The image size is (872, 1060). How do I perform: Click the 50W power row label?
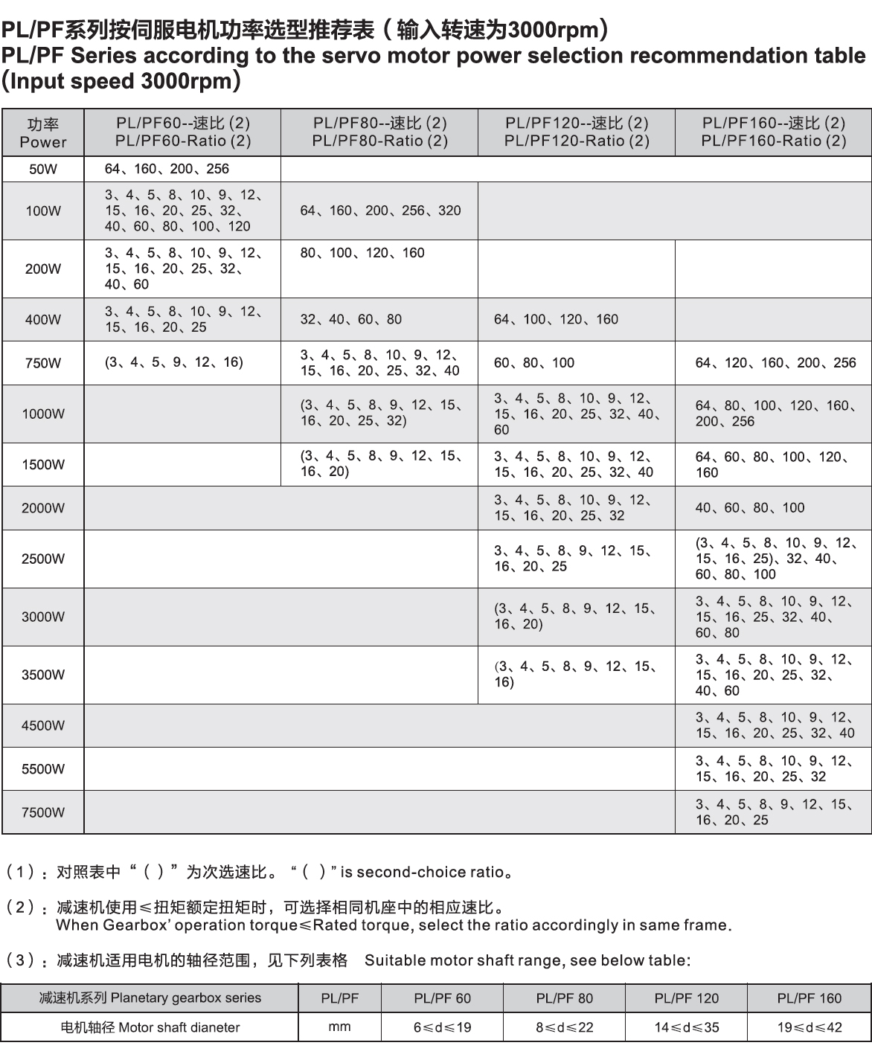point(43,170)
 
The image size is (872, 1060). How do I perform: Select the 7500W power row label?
point(43,812)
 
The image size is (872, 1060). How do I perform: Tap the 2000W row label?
point(43,508)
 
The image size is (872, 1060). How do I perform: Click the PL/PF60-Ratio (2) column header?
point(183,132)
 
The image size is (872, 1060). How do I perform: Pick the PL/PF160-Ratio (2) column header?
point(774,132)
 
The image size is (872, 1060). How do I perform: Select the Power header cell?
point(43,132)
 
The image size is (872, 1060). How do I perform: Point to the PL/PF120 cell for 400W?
point(556,319)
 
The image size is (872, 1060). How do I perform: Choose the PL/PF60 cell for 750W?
point(174,362)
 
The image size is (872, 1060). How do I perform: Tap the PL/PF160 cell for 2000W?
point(750,508)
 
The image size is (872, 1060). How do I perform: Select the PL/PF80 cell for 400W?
point(350,319)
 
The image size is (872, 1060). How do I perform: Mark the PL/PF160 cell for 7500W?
point(772,812)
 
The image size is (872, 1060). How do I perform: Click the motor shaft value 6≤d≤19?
point(442,1027)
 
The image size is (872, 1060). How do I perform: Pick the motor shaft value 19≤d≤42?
point(809,1027)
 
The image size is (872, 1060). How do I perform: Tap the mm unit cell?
point(339,1027)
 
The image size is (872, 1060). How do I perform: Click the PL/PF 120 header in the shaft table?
point(686,998)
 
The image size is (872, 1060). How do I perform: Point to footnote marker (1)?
point(20,872)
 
